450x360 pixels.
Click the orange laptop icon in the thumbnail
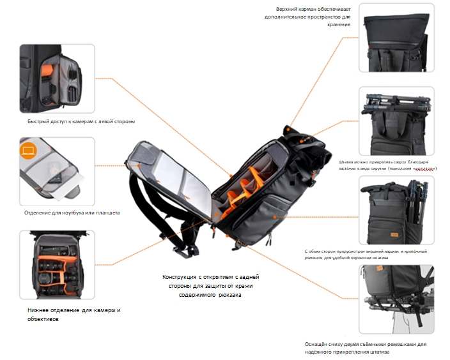(27, 151)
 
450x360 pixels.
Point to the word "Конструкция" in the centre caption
(181, 276)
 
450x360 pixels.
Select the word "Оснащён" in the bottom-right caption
(318, 344)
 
